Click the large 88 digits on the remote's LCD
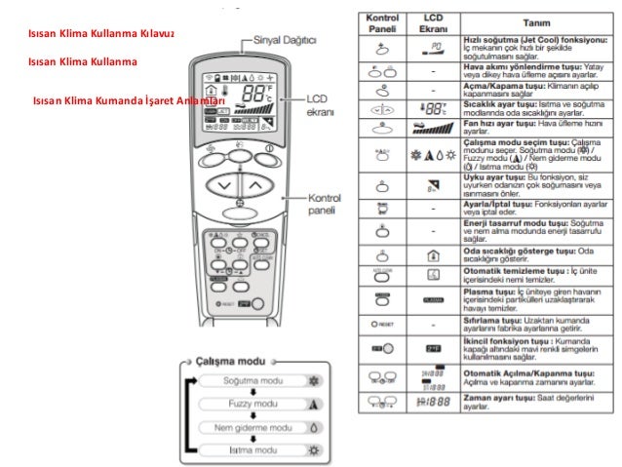pos(257,94)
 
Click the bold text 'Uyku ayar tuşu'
pos(491,175)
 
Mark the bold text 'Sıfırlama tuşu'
pos(492,318)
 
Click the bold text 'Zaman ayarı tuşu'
pos(496,397)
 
